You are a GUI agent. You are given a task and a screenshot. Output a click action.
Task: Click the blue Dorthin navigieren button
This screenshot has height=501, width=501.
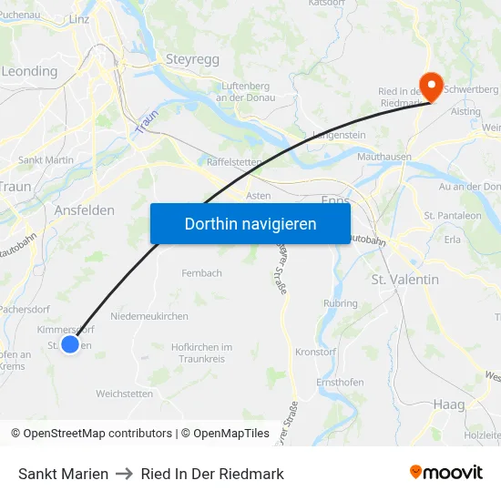click(x=250, y=223)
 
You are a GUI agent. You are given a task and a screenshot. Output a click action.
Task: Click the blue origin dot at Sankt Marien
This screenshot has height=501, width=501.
click(x=70, y=344)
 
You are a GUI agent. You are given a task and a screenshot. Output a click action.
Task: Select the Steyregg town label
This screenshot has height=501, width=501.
click(x=192, y=59)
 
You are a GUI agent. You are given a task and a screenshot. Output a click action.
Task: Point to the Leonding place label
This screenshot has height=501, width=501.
click(x=29, y=71)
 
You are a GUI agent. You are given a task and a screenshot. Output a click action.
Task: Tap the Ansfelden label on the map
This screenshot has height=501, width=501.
click(x=85, y=210)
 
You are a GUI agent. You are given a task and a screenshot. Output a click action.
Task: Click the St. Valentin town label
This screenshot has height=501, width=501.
click(x=405, y=280)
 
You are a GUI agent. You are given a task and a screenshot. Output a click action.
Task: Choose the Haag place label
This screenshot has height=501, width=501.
click(x=449, y=404)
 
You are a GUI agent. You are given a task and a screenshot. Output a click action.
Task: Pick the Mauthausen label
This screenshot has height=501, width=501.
click(x=384, y=157)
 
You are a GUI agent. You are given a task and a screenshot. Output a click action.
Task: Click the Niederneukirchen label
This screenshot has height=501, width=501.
click(x=148, y=316)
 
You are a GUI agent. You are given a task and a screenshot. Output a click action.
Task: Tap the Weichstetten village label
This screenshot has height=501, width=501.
click(x=125, y=394)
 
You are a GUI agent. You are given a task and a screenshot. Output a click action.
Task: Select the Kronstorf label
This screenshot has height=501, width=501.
click(x=317, y=352)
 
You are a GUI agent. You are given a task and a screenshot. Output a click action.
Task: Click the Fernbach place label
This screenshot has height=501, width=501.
click(x=201, y=272)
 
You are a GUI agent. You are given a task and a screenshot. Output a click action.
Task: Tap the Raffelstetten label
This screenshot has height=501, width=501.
click(x=234, y=161)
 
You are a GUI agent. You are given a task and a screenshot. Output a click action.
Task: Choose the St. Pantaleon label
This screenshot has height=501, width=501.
click(x=453, y=216)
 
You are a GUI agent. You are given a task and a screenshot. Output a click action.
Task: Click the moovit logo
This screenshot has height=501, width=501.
click(x=446, y=473)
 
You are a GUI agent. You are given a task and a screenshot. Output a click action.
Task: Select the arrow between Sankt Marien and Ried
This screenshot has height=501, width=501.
click(x=125, y=474)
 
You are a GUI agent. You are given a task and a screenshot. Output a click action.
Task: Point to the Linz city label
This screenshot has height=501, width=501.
click(x=78, y=18)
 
